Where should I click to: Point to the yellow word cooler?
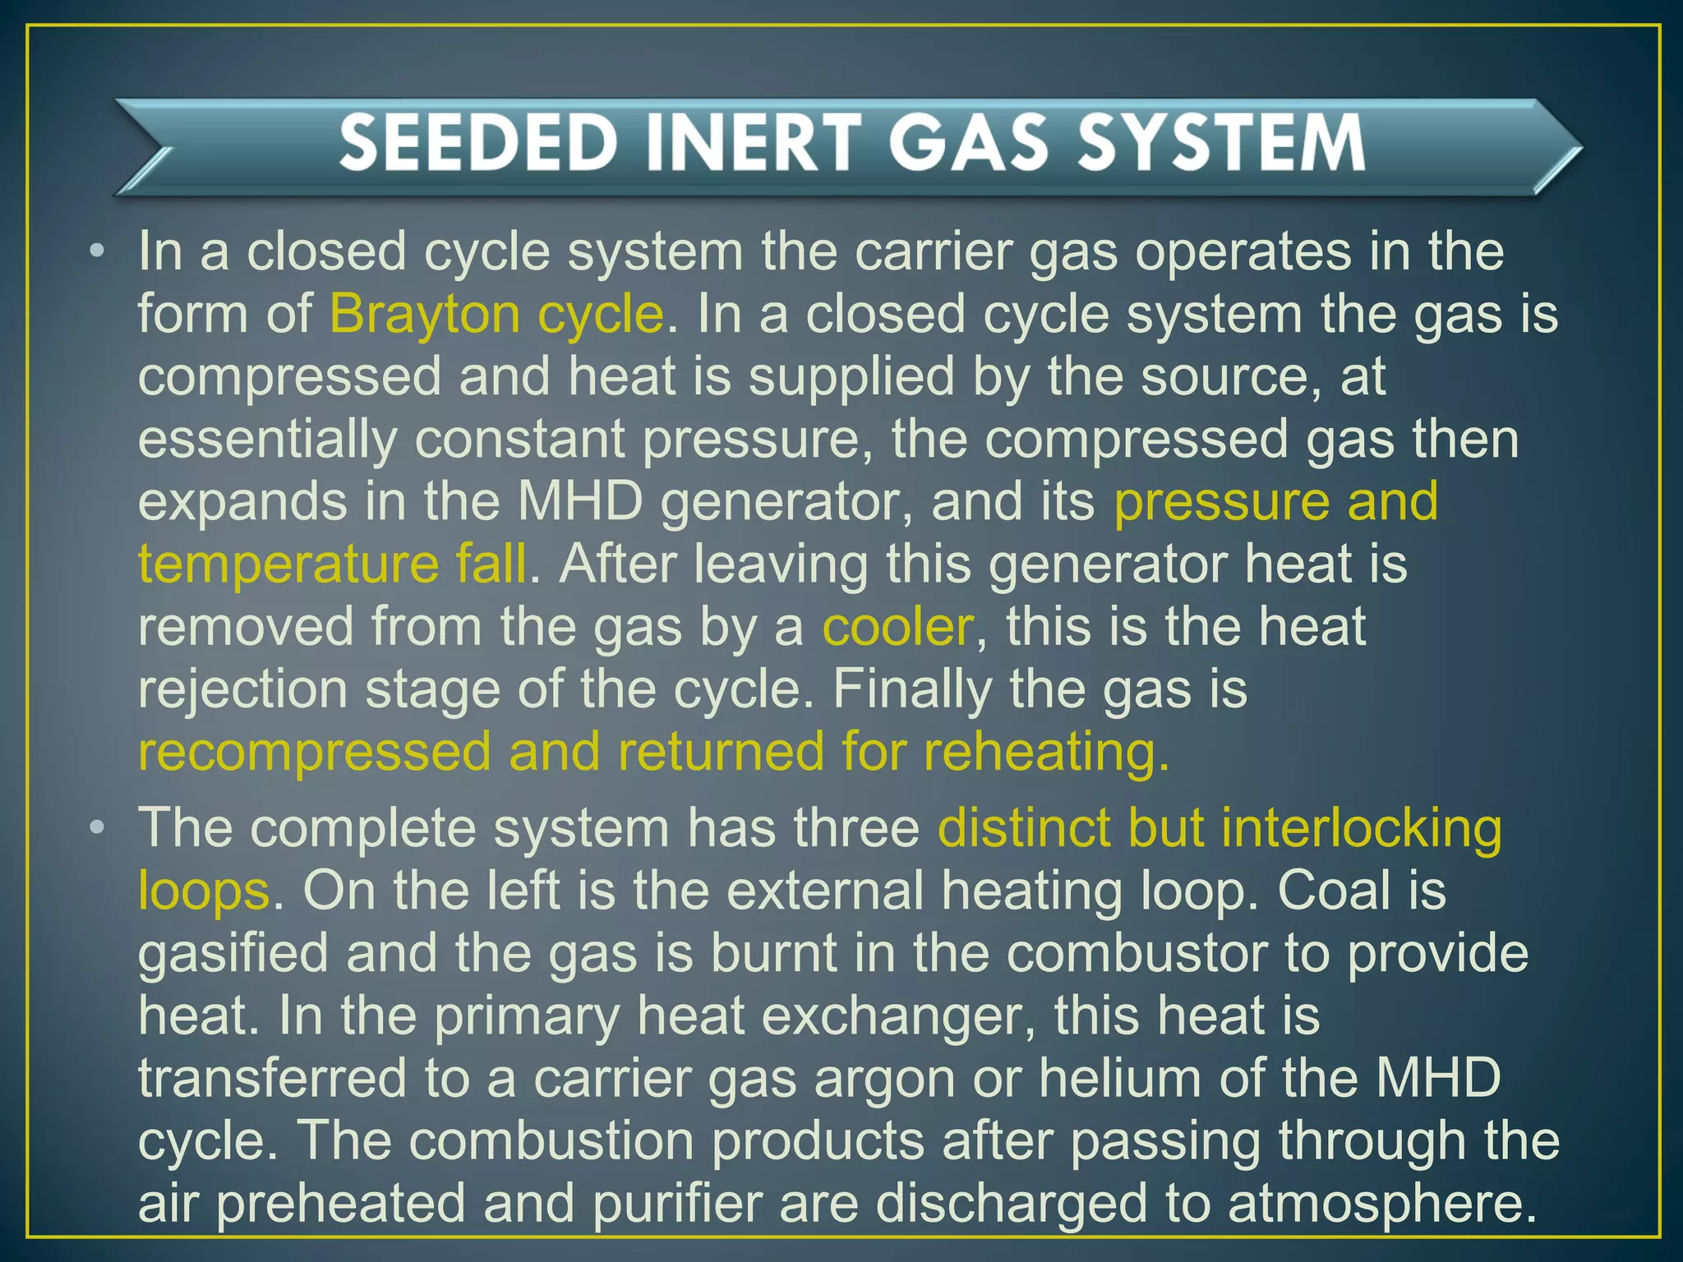click(897, 627)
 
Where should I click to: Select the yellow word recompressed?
click(314, 753)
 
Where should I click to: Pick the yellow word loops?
click(203, 891)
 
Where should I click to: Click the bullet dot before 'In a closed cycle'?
click(98, 251)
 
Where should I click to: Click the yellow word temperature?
click(288, 565)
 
